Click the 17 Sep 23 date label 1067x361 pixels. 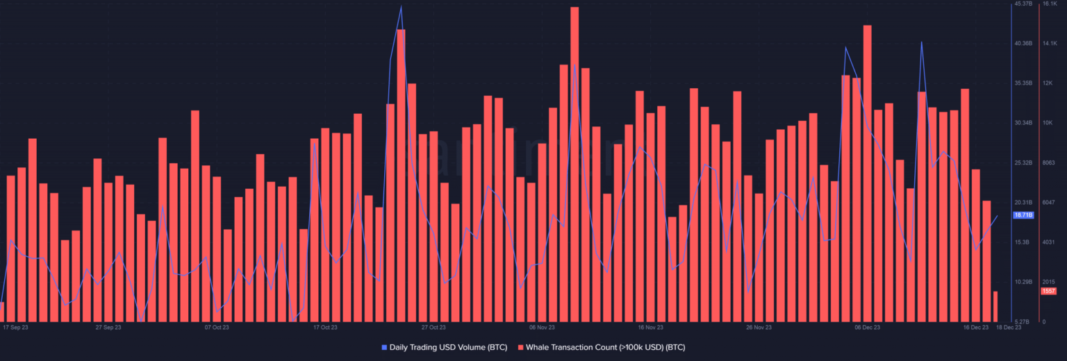tap(15, 327)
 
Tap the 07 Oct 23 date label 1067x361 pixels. tap(217, 327)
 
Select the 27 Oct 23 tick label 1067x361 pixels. tap(433, 327)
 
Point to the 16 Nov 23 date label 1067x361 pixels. tap(650, 327)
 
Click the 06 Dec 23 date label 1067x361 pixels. tap(867, 327)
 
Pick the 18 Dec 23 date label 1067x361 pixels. tap(1009, 327)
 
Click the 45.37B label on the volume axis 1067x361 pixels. tap(1023, 4)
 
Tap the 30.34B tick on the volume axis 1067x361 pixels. tap(1023, 123)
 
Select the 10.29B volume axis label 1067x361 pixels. tap(1023, 282)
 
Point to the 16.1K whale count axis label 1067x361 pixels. tap(1049, 4)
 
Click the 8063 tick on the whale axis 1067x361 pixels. tap(1048, 162)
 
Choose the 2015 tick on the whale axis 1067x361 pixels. tap(1048, 282)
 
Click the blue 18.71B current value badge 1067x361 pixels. tap(1024, 215)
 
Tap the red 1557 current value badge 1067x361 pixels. tap(1048, 291)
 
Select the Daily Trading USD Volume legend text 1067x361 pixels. tap(448, 346)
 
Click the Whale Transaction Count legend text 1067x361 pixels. tap(605, 346)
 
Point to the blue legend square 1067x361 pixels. tap(384, 346)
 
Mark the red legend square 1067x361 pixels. tap(520, 346)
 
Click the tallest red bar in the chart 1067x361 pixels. tap(574, 167)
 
